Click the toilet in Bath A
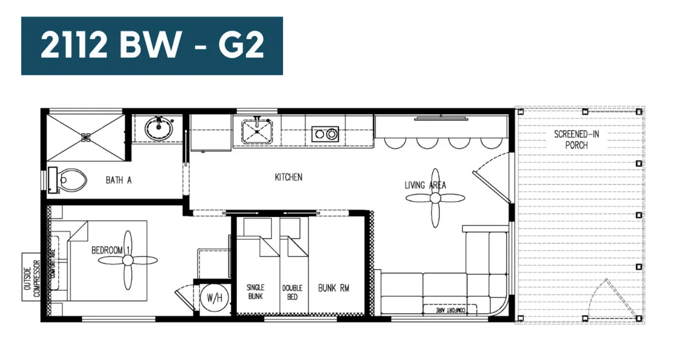point(68,180)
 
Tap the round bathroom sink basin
point(159,128)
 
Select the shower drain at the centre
point(86,138)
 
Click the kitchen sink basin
point(257,131)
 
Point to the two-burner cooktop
point(325,134)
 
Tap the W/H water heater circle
point(214,298)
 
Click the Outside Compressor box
point(32,277)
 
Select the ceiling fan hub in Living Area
point(435,198)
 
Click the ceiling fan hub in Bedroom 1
point(128,260)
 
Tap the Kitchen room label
point(288,177)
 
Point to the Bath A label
point(119,180)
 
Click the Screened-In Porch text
point(576,140)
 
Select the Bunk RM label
point(334,288)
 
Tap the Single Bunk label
point(255,292)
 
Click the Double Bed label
point(292,292)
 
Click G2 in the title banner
point(242,45)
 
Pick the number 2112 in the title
point(74,45)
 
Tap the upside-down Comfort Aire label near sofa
point(450,310)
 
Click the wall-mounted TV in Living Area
point(441,119)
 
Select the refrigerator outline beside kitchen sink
point(211,132)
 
